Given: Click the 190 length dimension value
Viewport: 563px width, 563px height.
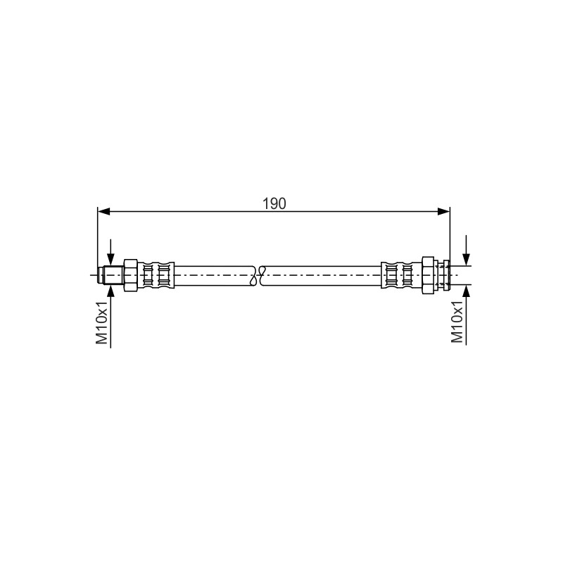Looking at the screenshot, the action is (274, 203).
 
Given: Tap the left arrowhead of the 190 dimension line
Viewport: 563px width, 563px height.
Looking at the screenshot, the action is (103, 212).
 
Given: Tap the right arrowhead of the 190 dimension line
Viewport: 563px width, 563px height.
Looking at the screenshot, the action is (444, 212).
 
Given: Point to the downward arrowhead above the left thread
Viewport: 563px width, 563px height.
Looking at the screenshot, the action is (110, 259).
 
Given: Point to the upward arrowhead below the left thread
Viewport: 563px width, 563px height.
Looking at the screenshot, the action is (110, 291).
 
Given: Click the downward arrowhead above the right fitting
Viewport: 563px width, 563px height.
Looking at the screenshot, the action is (466, 259).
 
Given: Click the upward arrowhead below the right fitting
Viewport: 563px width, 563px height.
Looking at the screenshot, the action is (466, 291).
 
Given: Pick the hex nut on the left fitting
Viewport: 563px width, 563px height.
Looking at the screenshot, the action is (131, 275).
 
